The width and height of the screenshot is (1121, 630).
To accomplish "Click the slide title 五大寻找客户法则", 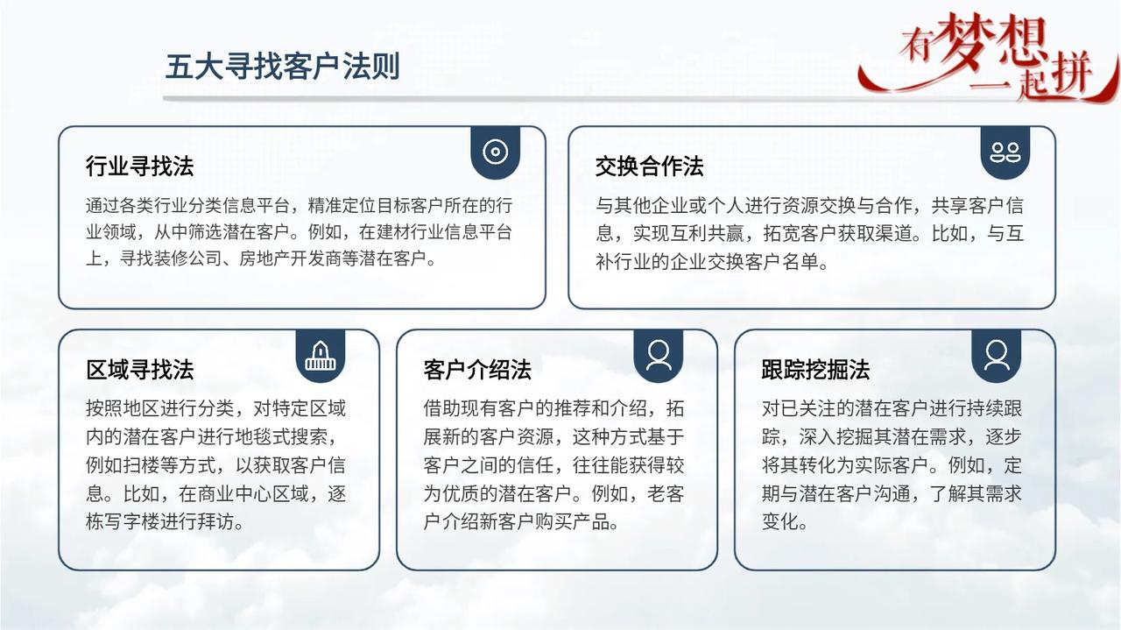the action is pyautogui.click(x=282, y=67).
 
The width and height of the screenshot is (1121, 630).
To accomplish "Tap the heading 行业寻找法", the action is pyautogui.click(x=139, y=166).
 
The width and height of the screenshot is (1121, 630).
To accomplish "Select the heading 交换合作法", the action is pyautogui.click(x=649, y=166).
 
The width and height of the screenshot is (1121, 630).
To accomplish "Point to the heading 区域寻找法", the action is pyautogui.click(x=139, y=370).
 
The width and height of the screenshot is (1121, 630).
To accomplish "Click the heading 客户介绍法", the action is pyautogui.click(x=477, y=370).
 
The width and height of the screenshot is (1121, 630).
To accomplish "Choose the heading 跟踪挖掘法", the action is pyautogui.click(x=815, y=370).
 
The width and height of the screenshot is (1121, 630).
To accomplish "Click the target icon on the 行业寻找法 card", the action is pyautogui.click(x=496, y=152).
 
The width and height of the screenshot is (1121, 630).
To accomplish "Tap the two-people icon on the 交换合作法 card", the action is pyautogui.click(x=1005, y=152).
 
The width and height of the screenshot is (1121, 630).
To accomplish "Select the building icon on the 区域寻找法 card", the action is pyautogui.click(x=321, y=355).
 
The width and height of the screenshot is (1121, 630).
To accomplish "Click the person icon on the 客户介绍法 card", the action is pyautogui.click(x=659, y=355).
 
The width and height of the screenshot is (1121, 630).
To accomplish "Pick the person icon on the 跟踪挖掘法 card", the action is pyautogui.click(x=997, y=355).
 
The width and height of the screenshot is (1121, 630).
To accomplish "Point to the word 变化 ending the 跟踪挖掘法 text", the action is pyautogui.click(x=780, y=522).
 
